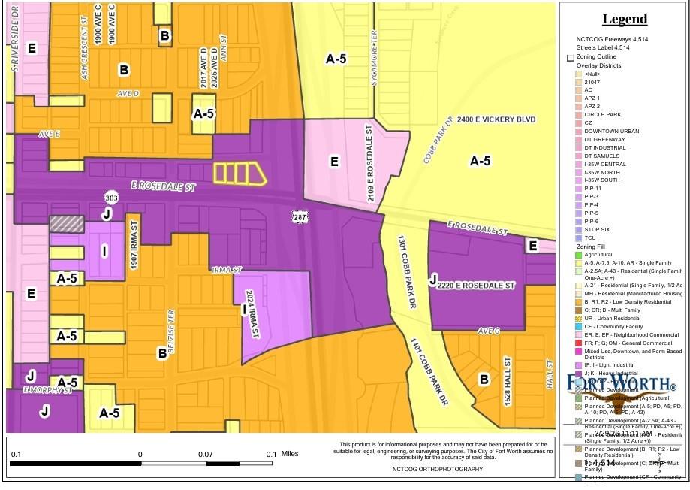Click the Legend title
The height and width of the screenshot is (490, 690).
[x=624, y=20]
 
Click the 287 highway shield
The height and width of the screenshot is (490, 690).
[x=298, y=216]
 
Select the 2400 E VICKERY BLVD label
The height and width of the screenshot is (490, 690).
[x=496, y=120]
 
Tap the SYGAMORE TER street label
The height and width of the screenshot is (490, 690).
[x=373, y=58]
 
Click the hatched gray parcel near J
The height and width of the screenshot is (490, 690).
[x=66, y=223]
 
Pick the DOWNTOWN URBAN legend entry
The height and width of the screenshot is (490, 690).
[x=611, y=131]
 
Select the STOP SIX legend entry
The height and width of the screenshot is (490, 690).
[x=597, y=230]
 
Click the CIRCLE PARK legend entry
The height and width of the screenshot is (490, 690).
[x=602, y=114]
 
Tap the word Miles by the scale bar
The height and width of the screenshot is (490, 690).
[x=289, y=454]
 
